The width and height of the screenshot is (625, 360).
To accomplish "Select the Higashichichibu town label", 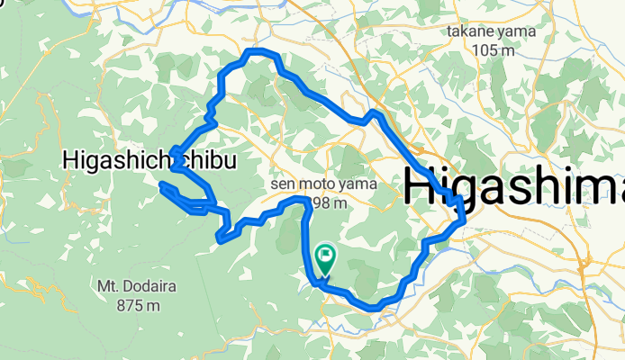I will point(150,161).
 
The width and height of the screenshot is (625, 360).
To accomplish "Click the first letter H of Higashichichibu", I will point(71,161).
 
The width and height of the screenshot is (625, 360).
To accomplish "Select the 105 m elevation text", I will point(493,49).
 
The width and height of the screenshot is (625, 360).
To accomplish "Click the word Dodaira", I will point(137,287).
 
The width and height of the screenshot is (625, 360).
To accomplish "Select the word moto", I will point(315,184).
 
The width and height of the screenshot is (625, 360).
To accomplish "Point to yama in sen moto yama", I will point(355,184).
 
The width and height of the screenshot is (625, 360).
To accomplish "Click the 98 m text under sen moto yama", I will point(329,202).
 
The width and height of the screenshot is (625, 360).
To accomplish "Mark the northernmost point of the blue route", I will point(258,51).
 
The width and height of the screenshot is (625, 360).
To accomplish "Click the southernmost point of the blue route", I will point(374,309).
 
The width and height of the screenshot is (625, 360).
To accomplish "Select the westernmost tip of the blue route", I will point(162,186).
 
